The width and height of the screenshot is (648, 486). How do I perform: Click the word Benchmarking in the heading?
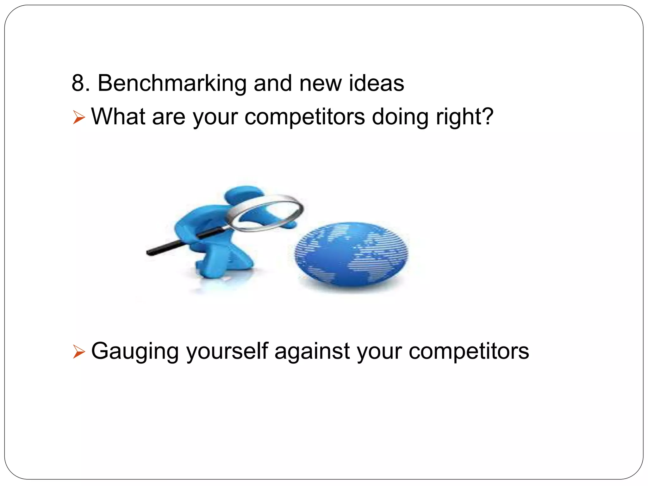(172, 84)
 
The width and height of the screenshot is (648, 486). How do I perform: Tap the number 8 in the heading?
(78, 83)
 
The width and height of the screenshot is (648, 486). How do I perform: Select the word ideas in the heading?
(377, 83)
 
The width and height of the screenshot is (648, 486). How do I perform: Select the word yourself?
(227, 351)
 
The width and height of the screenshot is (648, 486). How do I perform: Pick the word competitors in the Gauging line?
(469, 351)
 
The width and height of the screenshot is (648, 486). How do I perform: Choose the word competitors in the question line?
(305, 117)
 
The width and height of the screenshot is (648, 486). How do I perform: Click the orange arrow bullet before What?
(79, 117)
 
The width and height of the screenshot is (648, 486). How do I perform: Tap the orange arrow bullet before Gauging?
(79, 352)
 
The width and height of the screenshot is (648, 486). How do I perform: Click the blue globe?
(351, 254)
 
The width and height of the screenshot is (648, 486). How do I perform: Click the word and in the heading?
(272, 83)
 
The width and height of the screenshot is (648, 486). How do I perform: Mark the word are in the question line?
(169, 117)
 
